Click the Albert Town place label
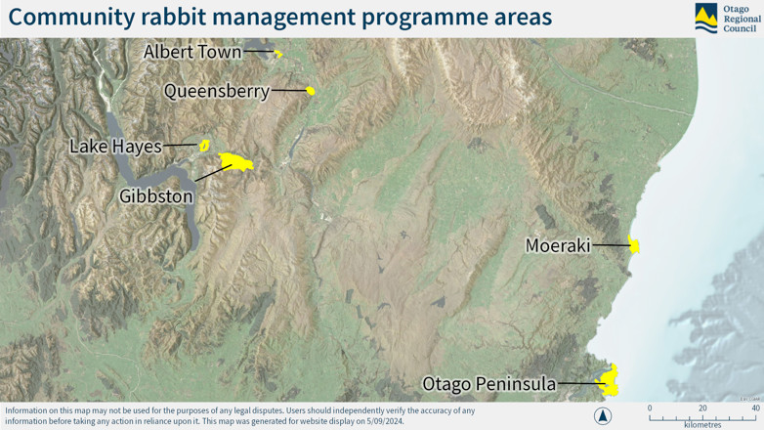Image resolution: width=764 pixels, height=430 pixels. [192, 52]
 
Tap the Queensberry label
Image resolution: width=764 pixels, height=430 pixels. [216, 91]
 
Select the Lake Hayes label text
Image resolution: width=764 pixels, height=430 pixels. [115, 147]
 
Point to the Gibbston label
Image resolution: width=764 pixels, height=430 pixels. [156, 196]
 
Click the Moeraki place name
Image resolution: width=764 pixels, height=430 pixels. [558, 246]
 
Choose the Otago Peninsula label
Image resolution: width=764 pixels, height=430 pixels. [488, 384]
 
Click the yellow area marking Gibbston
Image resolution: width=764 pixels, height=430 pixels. [236, 161]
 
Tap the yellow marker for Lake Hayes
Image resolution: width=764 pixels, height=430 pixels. [205, 146]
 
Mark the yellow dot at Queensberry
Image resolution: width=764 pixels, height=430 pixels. [311, 91]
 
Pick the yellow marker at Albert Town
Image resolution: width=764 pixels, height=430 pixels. [278, 54]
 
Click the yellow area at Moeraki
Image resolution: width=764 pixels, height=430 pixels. [635, 246]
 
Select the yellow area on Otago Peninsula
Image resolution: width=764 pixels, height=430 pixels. [610, 381]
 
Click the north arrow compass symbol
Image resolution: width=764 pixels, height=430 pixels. [603, 415]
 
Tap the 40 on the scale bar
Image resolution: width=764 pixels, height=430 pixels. [755, 408]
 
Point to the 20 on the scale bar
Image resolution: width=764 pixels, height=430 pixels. [702, 408]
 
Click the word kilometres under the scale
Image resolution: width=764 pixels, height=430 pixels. [702, 425]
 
